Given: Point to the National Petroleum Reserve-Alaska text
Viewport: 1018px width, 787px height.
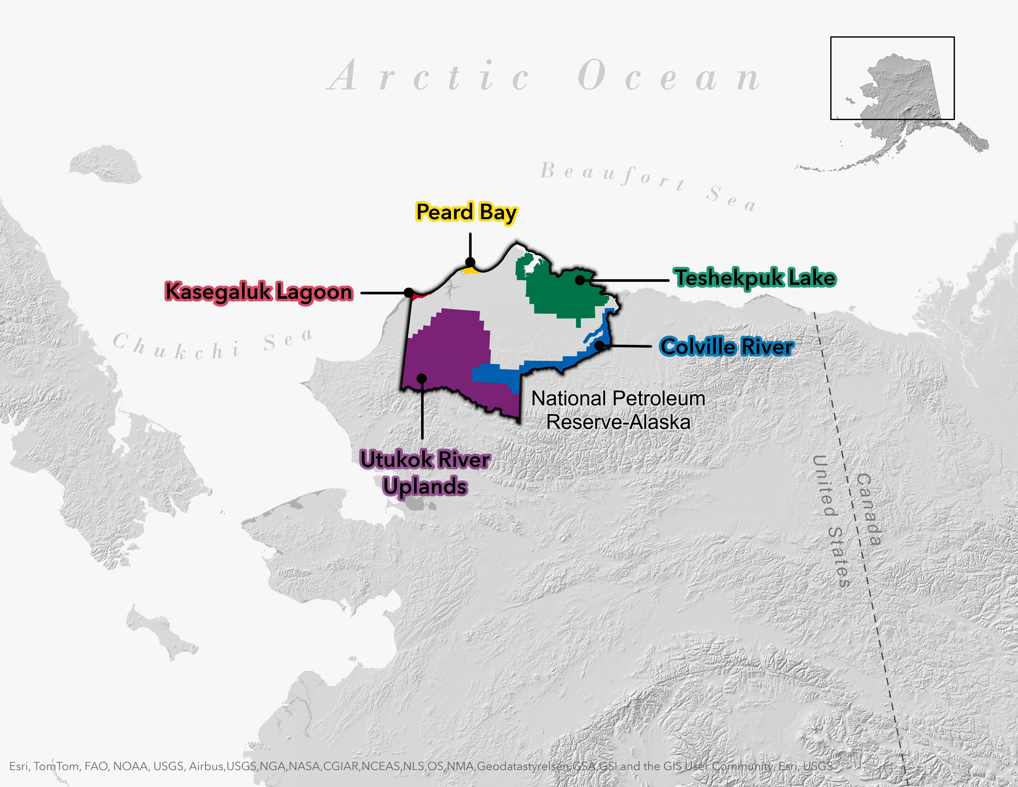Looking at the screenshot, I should coord(618,410).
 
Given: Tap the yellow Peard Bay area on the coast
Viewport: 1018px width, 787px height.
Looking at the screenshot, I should coord(469,270).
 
